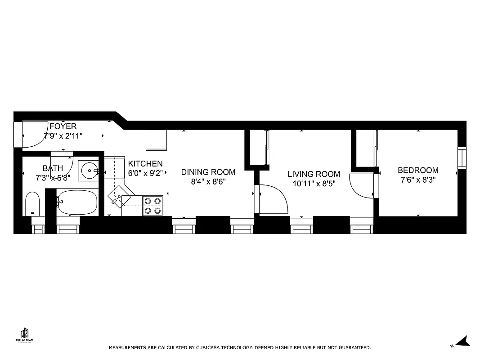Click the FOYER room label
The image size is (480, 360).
click(x=63, y=126)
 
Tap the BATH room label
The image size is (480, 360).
click(x=53, y=168)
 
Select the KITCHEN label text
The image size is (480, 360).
click(x=145, y=164)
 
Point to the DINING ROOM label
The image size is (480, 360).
click(x=208, y=172)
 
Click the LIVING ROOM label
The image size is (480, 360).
click(x=314, y=174)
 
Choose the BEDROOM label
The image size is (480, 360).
click(x=418, y=171)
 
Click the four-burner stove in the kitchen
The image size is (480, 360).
click(x=153, y=206)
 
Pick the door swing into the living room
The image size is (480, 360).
click(x=272, y=199)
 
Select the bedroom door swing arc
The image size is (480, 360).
click(x=362, y=185)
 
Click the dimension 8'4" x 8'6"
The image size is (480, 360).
click(x=208, y=182)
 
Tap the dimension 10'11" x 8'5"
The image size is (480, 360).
click(x=314, y=184)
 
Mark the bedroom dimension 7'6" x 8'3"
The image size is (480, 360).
click(x=418, y=180)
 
